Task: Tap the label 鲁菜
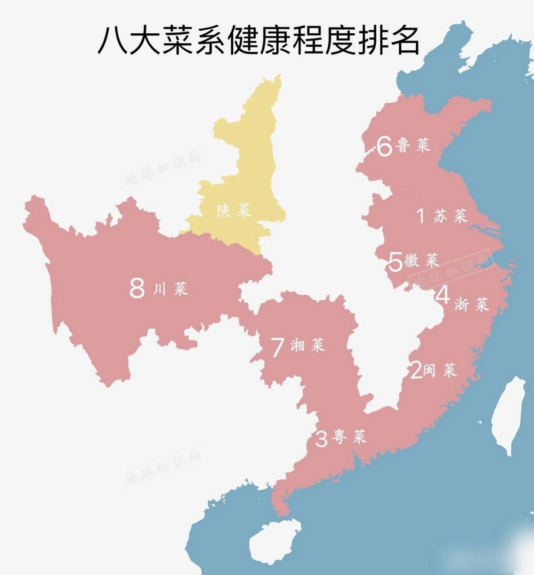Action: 413,145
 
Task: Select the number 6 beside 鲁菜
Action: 384,146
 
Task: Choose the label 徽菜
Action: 421,260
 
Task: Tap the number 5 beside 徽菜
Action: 396,262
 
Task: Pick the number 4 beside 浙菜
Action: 443,295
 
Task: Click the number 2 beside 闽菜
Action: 417,371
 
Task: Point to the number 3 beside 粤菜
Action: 321,439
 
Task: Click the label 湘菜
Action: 308,345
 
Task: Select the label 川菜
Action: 170,288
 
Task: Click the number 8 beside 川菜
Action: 137,288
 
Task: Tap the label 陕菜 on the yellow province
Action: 233,210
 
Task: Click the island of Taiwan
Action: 509,413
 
